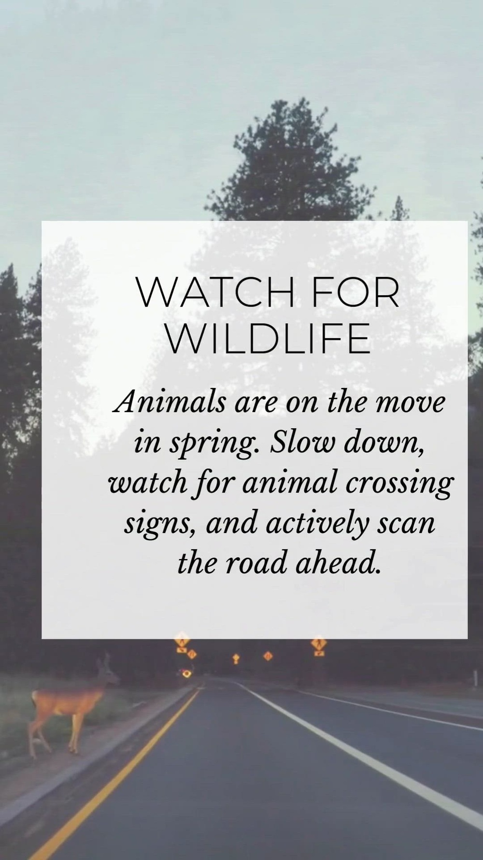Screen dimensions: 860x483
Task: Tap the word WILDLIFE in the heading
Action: click(269, 339)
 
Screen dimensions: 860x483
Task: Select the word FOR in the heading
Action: click(356, 293)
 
